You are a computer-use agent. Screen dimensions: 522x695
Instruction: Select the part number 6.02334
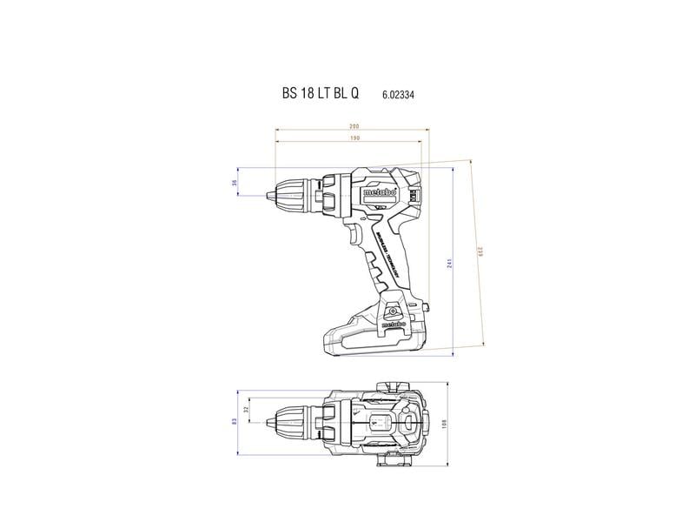point(397,95)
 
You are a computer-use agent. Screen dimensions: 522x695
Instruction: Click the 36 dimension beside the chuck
point(234,183)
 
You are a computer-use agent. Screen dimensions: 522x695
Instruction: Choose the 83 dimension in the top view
point(234,422)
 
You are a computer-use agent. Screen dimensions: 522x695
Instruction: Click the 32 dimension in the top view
point(246,410)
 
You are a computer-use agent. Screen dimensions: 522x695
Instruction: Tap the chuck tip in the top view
point(263,422)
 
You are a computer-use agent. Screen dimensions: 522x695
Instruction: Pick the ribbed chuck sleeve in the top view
point(295,422)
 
